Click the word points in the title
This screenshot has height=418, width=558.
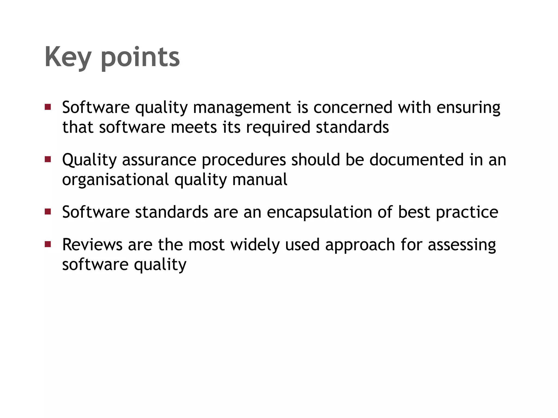pos(140,57)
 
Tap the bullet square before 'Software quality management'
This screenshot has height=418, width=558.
pos(48,107)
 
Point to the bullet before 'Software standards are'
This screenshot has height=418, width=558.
pos(48,212)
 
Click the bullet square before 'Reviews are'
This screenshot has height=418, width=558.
pos(48,244)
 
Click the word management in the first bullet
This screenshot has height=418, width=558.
pos(242,107)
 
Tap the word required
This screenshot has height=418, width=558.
pos(278,127)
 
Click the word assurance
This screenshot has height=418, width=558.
pos(159,160)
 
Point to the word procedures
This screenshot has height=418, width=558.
pos(244,160)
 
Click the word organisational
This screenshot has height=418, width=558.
pos(116,180)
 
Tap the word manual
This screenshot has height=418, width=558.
pos(260,180)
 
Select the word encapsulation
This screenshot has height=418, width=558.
pos(319,212)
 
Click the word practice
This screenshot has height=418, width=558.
pos(467,212)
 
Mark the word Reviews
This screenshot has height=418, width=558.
pos(92,244)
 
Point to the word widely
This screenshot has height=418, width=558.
pos(255,244)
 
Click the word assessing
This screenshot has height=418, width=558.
pos(462,244)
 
